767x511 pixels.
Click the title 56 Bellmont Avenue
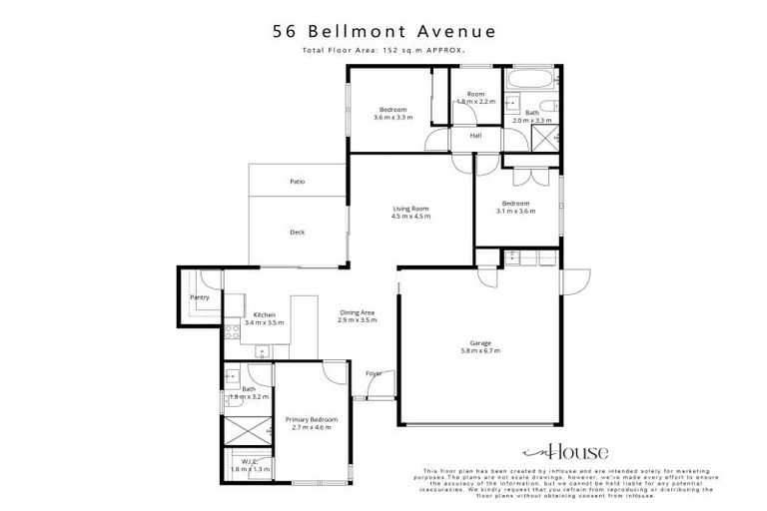coord(383,31)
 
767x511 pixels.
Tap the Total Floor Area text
coord(383,50)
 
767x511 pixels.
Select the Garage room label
coord(481,343)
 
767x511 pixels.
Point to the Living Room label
coord(409,209)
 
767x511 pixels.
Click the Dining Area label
coord(356,312)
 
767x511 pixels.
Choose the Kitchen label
coord(264,315)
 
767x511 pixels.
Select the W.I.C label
coord(249,461)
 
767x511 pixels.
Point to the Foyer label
coord(374,373)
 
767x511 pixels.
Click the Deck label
coord(297,233)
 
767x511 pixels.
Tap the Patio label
coord(297,182)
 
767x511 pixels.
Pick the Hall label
coord(476,135)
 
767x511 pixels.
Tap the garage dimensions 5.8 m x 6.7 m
coord(481,351)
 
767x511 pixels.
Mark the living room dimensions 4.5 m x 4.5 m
coord(409,217)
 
